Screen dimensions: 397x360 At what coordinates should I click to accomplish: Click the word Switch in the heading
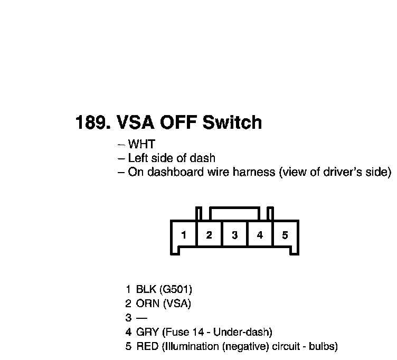(232, 123)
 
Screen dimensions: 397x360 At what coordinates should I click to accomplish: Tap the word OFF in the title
(177, 123)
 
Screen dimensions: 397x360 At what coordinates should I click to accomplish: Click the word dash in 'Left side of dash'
(204, 158)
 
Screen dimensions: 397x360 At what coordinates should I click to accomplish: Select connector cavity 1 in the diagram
(183, 235)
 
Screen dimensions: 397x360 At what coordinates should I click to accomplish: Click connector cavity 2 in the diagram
(209, 235)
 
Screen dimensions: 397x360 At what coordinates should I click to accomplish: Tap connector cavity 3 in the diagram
(234, 235)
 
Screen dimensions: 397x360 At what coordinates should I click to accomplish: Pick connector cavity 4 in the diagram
(260, 235)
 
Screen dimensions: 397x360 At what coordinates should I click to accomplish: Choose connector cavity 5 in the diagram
(285, 235)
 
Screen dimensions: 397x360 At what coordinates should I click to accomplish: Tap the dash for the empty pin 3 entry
(142, 318)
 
